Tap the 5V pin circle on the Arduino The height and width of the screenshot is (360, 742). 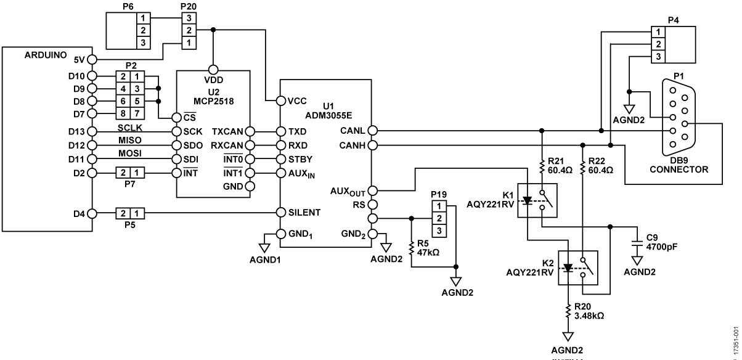pyautogui.click(x=92, y=60)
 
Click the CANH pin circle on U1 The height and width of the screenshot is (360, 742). pyautogui.click(x=373, y=145)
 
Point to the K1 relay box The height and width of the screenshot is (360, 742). pyautogui.click(x=537, y=200)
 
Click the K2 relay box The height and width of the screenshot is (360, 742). pyautogui.click(x=577, y=268)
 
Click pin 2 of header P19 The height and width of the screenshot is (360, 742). pyautogui.click(x=438, y=218)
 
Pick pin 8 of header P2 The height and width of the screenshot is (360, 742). pyautogui.click(x=123, y=113)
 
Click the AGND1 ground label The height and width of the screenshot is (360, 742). pyautogui.click(x=263, y=259)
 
